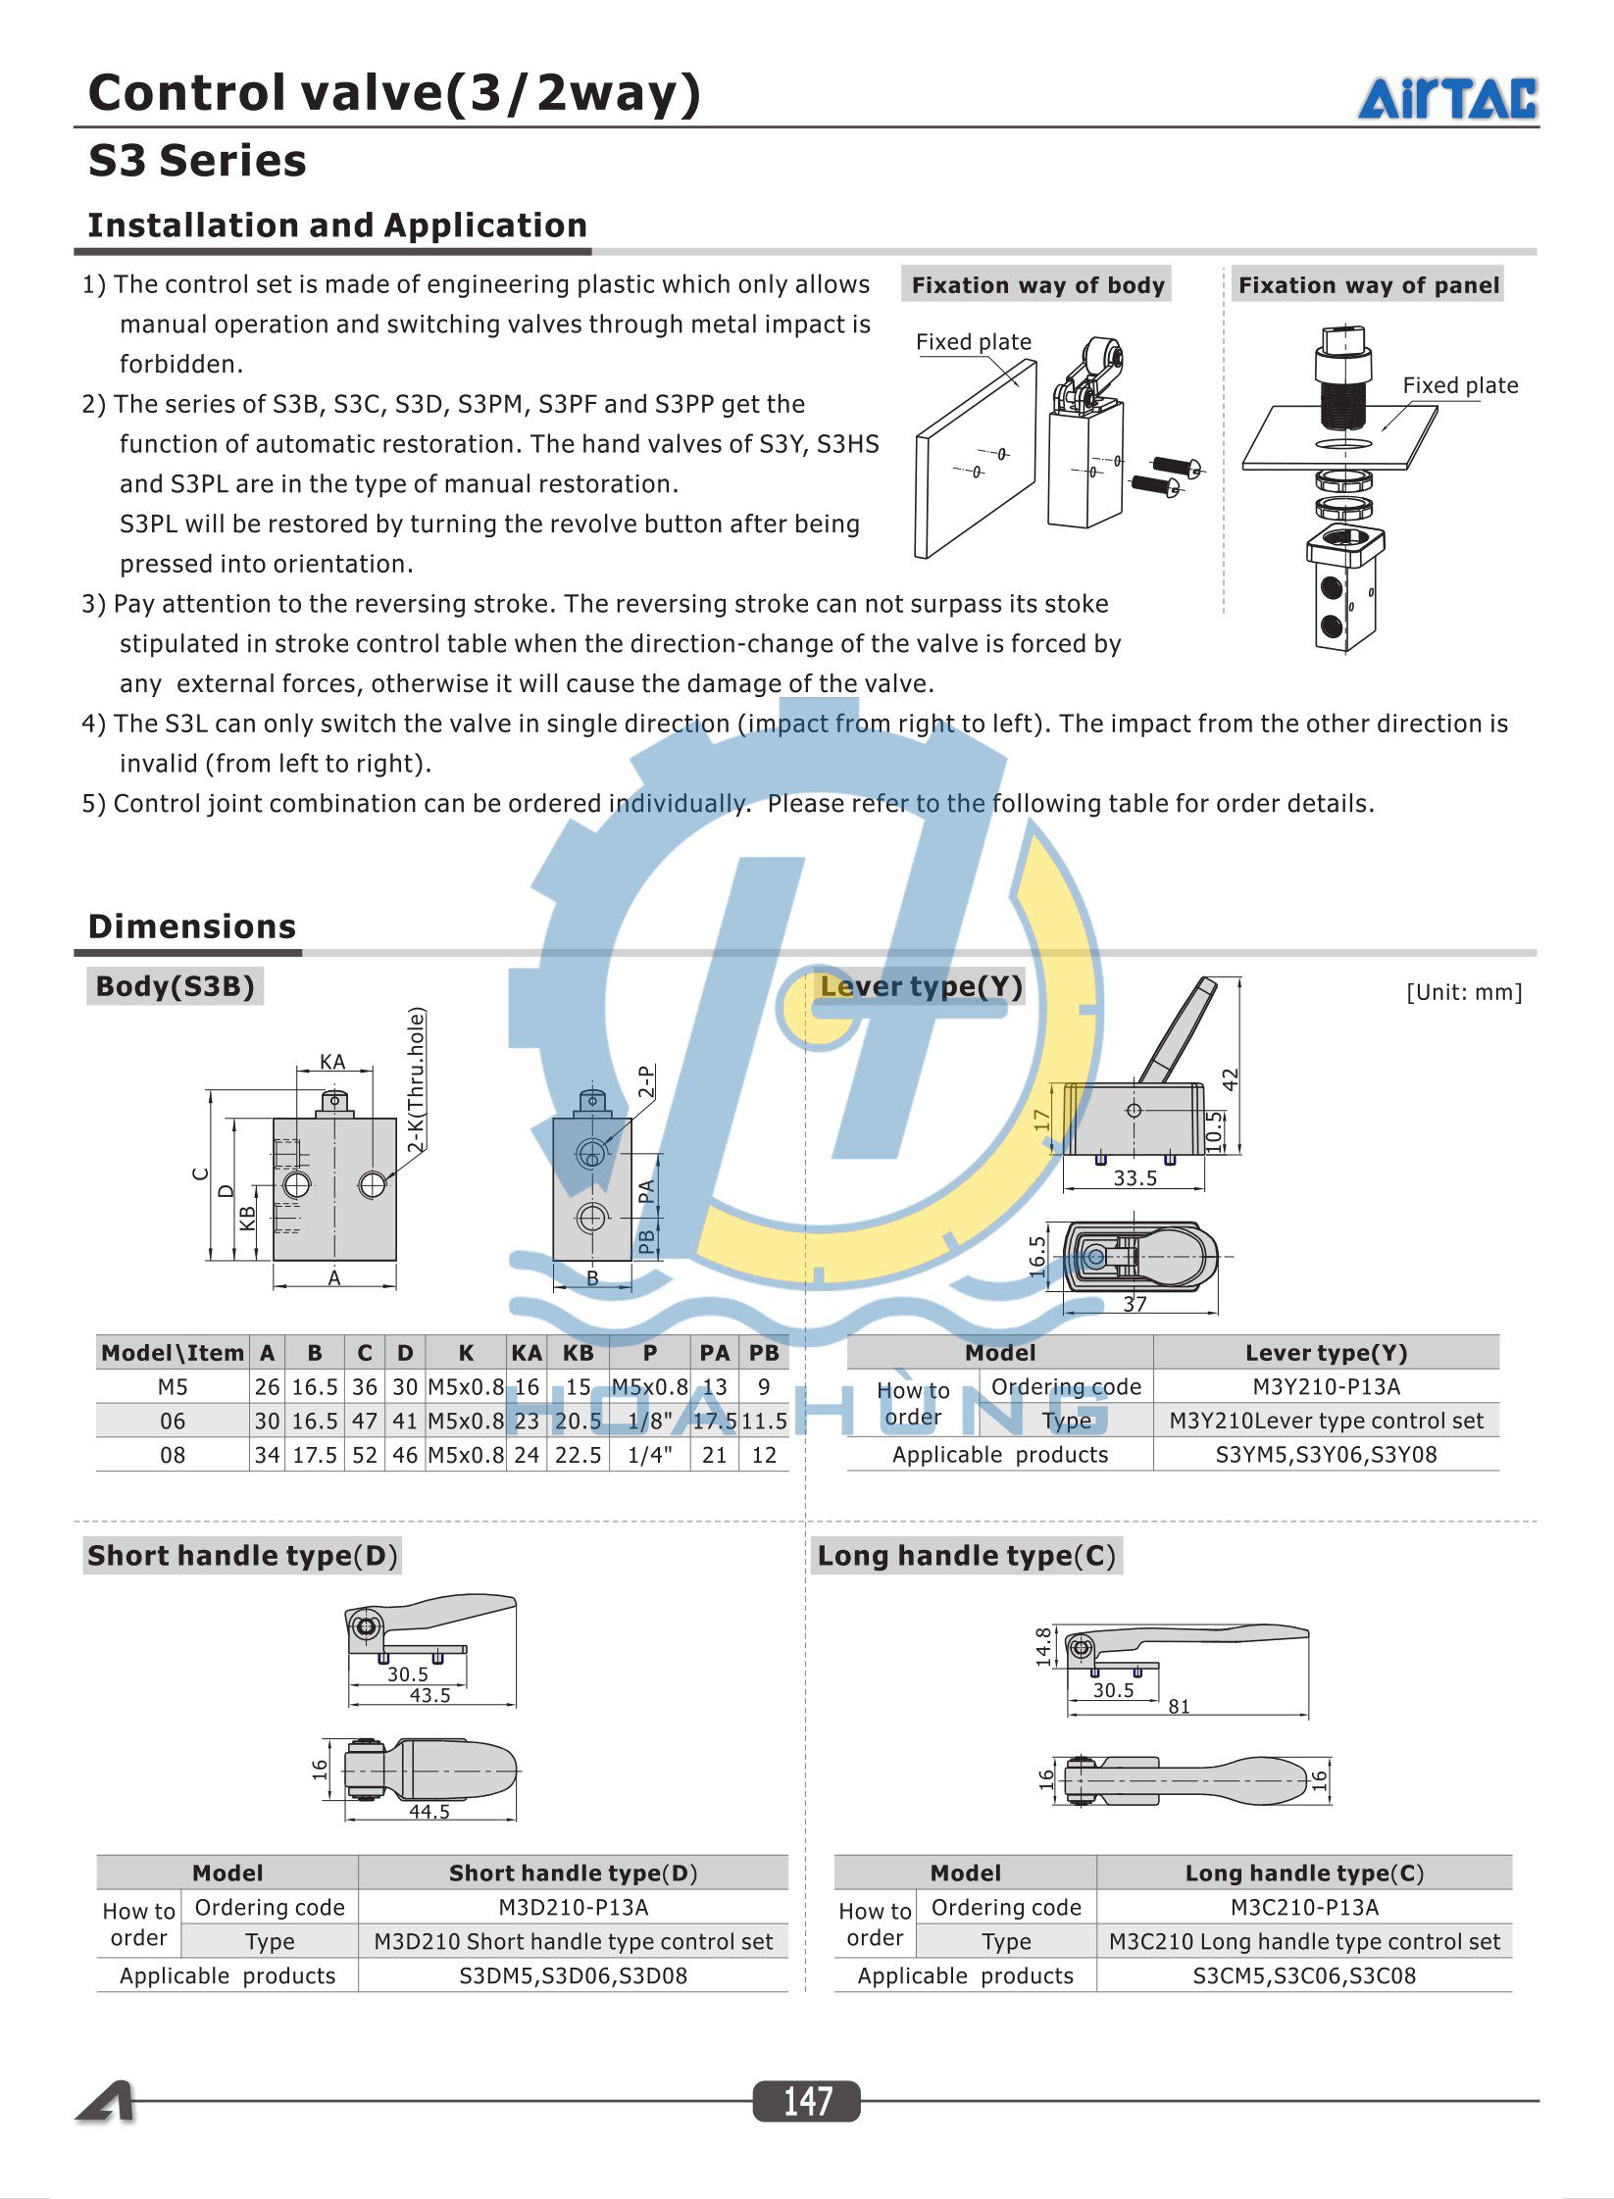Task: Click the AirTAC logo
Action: point(1446,99)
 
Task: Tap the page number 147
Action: point(806,2101)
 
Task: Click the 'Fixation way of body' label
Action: point(1037,285)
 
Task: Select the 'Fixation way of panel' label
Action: point(1368,285)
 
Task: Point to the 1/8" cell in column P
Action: point(649,1421)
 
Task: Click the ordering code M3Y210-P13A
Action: point(1326,1386)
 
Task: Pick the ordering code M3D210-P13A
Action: point(573,1907)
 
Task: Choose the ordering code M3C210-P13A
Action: point(1303,1907)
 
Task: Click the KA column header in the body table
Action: point(526,1353)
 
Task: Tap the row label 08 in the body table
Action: point(173,1455)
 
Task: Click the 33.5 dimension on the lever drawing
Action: point(1135,1178)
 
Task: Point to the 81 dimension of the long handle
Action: point(1179,1707)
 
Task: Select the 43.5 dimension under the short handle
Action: point(429,1695)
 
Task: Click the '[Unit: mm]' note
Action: point(1463,992)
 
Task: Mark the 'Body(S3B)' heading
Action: point(176,986)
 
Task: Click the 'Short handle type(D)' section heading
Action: point(242,1556)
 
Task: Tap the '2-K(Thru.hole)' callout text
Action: point(417,1080)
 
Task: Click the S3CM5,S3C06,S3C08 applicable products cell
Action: point(1303,1975)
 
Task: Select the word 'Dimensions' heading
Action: point(192,926)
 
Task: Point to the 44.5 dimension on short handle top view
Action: point(429,1812)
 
